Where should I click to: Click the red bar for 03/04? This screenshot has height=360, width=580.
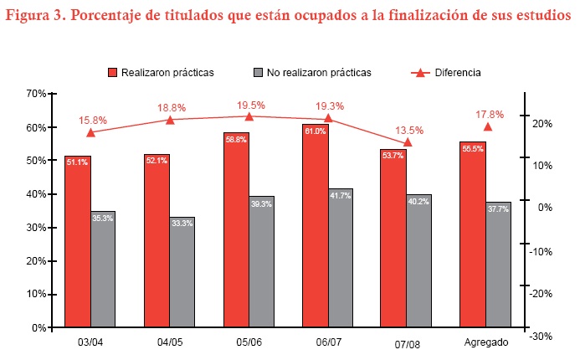[78, 243]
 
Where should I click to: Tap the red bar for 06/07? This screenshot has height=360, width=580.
[315, 226]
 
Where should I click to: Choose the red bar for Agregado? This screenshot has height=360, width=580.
[473, 234]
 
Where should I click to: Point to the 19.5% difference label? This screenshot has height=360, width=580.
[251, 105]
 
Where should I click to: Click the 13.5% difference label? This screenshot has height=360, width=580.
[409, 130]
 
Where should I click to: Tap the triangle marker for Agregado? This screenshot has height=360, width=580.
[488, 126]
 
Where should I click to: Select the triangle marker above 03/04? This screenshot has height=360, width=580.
[90, 132]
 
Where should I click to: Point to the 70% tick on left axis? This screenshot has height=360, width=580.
[36, 94]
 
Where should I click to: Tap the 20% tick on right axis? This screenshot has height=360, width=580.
[540, 124]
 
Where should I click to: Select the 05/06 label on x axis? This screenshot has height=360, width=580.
[249, 342]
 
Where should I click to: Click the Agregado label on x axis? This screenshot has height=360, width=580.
[485, 342]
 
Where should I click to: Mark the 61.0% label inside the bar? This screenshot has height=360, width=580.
[315, 131]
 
